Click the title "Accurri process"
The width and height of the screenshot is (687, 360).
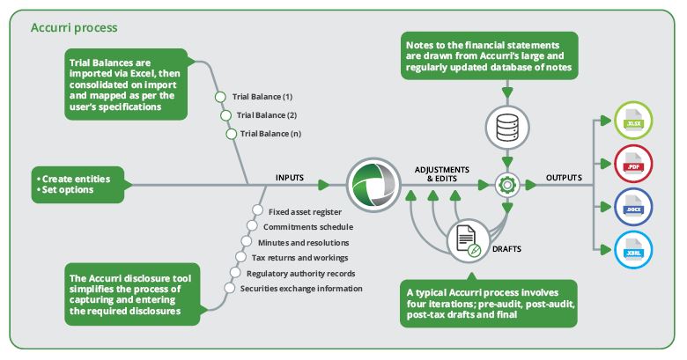(x=74, y=27)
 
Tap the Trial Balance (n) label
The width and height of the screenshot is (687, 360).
(x=271, y=134)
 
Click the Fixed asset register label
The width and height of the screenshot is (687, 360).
(x=304, y=211)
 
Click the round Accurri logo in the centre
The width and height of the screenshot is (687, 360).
(x=370, y=185)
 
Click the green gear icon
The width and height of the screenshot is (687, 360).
(x=506, y=185)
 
